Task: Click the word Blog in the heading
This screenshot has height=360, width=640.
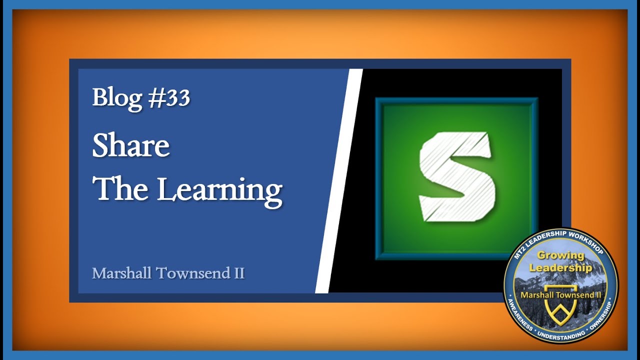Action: [x=117, y=97]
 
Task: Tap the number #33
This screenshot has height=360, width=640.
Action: [x=169, y=97]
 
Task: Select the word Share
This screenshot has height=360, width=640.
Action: [x=131, y=145]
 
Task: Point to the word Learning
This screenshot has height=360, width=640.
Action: [x=220, y=190]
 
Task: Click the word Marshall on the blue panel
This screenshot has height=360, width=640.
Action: [x=122, y=273]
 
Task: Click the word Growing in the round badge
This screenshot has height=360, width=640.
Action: [x=560, y=255]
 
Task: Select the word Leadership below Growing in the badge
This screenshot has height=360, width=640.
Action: [x=560, y=267]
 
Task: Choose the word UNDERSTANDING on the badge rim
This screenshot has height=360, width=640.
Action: [x=560, y=334]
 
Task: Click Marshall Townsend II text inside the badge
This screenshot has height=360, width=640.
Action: [x=560, y=295]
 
